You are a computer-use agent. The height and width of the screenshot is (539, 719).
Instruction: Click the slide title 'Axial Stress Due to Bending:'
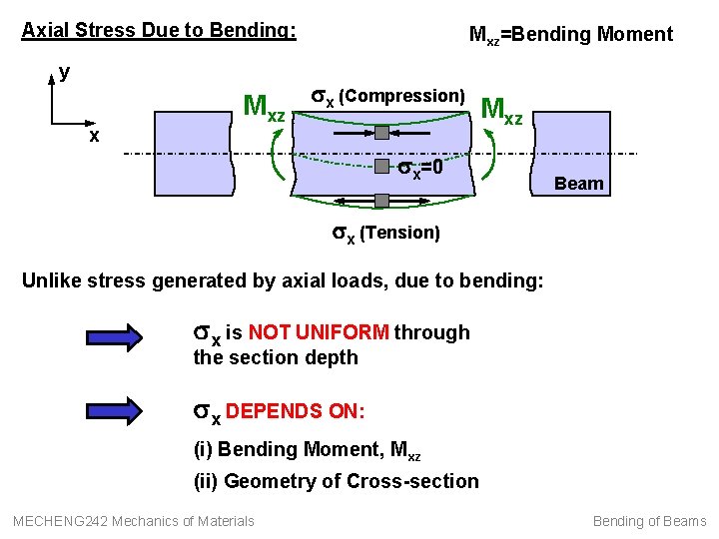[x=159, y=30]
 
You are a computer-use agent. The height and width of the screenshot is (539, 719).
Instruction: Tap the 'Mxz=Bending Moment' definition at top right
[x=571, y=35]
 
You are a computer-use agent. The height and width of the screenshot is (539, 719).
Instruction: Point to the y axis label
[x=64, y=72]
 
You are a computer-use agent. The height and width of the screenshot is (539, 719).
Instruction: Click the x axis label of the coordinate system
[x=94, y=136]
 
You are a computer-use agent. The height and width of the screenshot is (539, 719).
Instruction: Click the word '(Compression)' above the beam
[x=401, y=96]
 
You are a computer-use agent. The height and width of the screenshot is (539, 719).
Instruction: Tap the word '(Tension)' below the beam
[x=399, y=233]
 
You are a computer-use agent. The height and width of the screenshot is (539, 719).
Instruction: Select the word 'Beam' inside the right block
[x=579, y=183]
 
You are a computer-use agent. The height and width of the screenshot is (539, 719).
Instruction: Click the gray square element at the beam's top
[x=381, y=132]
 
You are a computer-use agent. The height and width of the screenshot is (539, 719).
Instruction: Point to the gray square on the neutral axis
[x=381, y=168]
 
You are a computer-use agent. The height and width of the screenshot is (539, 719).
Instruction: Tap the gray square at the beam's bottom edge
[x=381, y=201]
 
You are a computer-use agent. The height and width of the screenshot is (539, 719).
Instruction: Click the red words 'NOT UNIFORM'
[x=319, y=332]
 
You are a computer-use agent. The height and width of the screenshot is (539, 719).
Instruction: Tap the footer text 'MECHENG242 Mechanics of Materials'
[x=133, y=520]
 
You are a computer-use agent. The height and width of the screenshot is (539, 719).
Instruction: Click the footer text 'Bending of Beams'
[x=649, y=520]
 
